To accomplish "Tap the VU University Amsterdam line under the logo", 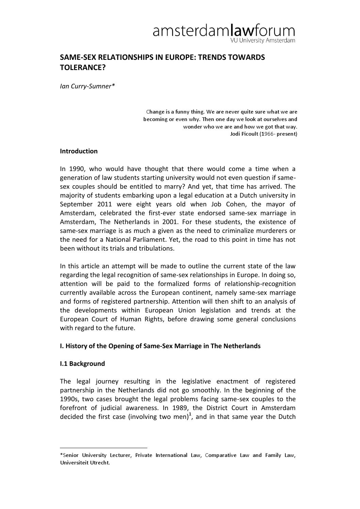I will coord(263,41).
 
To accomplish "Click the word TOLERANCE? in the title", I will coord(83,67).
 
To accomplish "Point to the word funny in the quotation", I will coord(182,112).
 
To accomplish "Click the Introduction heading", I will coord(79,151).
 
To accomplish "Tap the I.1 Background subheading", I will coord(82,364).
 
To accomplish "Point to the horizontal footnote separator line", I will coord(103,448).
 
